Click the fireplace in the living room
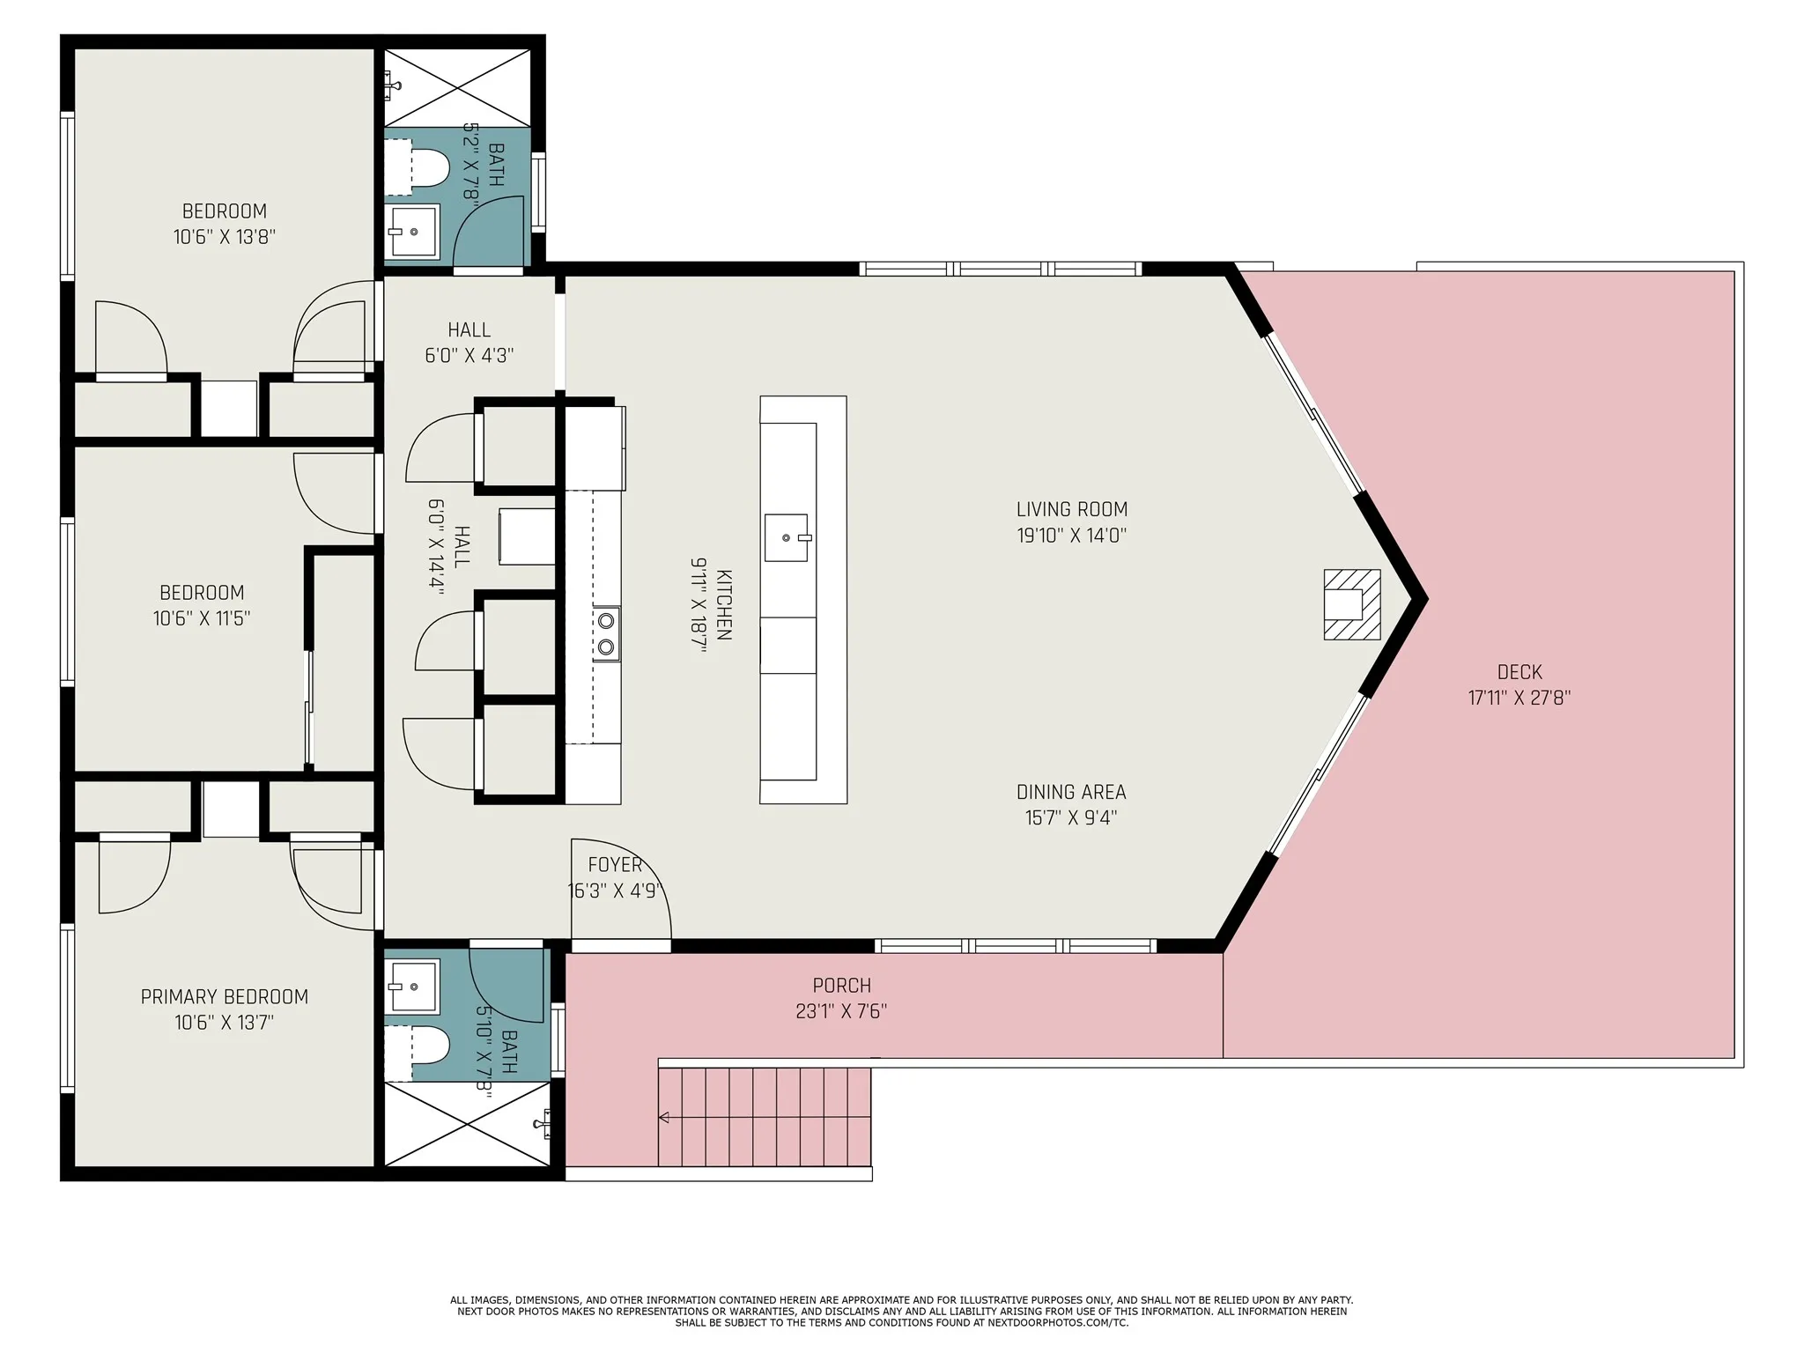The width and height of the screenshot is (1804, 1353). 1351,604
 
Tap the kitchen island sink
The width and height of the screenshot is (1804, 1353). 786,537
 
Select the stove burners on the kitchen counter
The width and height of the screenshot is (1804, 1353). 606,633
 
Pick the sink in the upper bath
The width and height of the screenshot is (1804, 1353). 412,232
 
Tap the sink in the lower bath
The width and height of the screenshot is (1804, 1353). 412,987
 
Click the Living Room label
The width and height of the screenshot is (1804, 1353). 1072,509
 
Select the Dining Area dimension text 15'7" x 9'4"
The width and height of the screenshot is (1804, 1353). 1071,817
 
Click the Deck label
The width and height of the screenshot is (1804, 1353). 1519,672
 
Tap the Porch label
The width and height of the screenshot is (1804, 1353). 842,986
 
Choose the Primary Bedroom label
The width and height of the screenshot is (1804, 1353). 225,997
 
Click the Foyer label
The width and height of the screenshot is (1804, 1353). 615,866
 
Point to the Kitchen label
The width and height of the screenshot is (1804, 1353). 723,604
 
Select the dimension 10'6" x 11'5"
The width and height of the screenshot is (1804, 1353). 202,618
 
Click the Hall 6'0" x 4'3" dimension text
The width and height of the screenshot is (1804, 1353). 469,355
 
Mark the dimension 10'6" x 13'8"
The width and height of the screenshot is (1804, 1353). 225,237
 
